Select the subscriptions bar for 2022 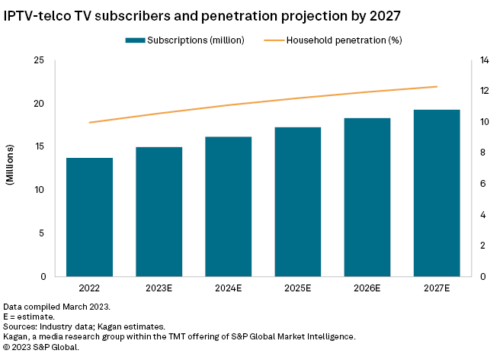coord(89,217)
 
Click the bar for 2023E coord(159,211)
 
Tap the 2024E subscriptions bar coord(228,206)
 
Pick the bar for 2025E coord(297,201)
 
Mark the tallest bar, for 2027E coord(436,193)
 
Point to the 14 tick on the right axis coord(482,60)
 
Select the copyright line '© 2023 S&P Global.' coord(41,346)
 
